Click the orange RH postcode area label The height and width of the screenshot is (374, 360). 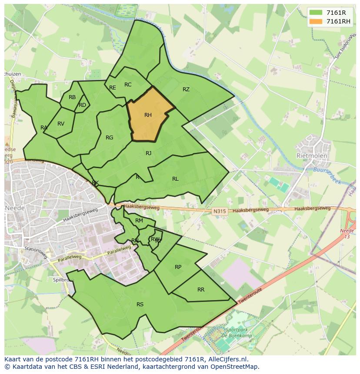148,115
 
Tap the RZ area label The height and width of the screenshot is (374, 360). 186,89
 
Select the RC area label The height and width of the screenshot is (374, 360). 128,85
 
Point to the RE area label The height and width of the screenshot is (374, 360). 113,88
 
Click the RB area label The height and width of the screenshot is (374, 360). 72,97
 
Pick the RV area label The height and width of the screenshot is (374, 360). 61,124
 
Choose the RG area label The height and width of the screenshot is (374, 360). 109,138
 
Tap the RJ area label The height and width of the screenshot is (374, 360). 149,153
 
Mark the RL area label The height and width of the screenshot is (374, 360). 175,179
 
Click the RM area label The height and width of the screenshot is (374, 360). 139,221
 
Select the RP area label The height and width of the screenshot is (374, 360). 178,267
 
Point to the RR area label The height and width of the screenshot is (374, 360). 201,290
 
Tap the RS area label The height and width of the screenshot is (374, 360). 140,304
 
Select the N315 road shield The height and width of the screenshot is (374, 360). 220,212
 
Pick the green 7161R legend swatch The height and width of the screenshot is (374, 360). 316,13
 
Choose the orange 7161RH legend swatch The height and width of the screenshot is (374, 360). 316,21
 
